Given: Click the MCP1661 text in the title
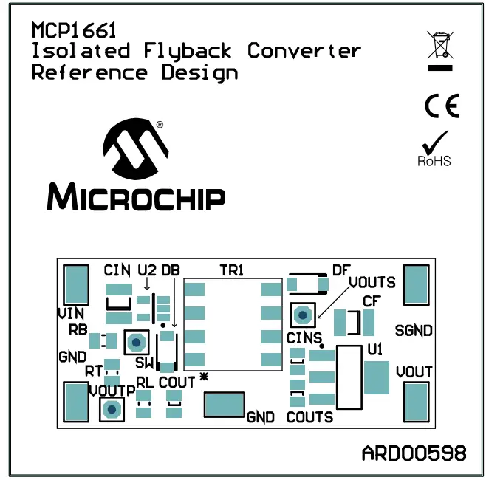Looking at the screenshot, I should (74, 30).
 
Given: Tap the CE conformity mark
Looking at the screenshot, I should (442, 107).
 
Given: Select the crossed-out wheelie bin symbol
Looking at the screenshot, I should (440, 45).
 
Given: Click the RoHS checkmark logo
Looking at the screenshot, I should (434, 148).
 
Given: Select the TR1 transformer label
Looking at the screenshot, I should (232, 270).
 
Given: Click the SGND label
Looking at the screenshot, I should (414, 330).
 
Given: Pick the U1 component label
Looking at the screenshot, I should (374, 348).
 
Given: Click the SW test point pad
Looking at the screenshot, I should (136, 342).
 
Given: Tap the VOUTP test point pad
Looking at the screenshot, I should (112, 409).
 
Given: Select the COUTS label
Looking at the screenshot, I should (309, 417).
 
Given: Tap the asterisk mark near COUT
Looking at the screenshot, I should (204, 378).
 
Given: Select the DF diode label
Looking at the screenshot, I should (340, 270).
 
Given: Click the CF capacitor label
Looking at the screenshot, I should (372, 301).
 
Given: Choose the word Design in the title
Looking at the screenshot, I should (199, 72).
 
